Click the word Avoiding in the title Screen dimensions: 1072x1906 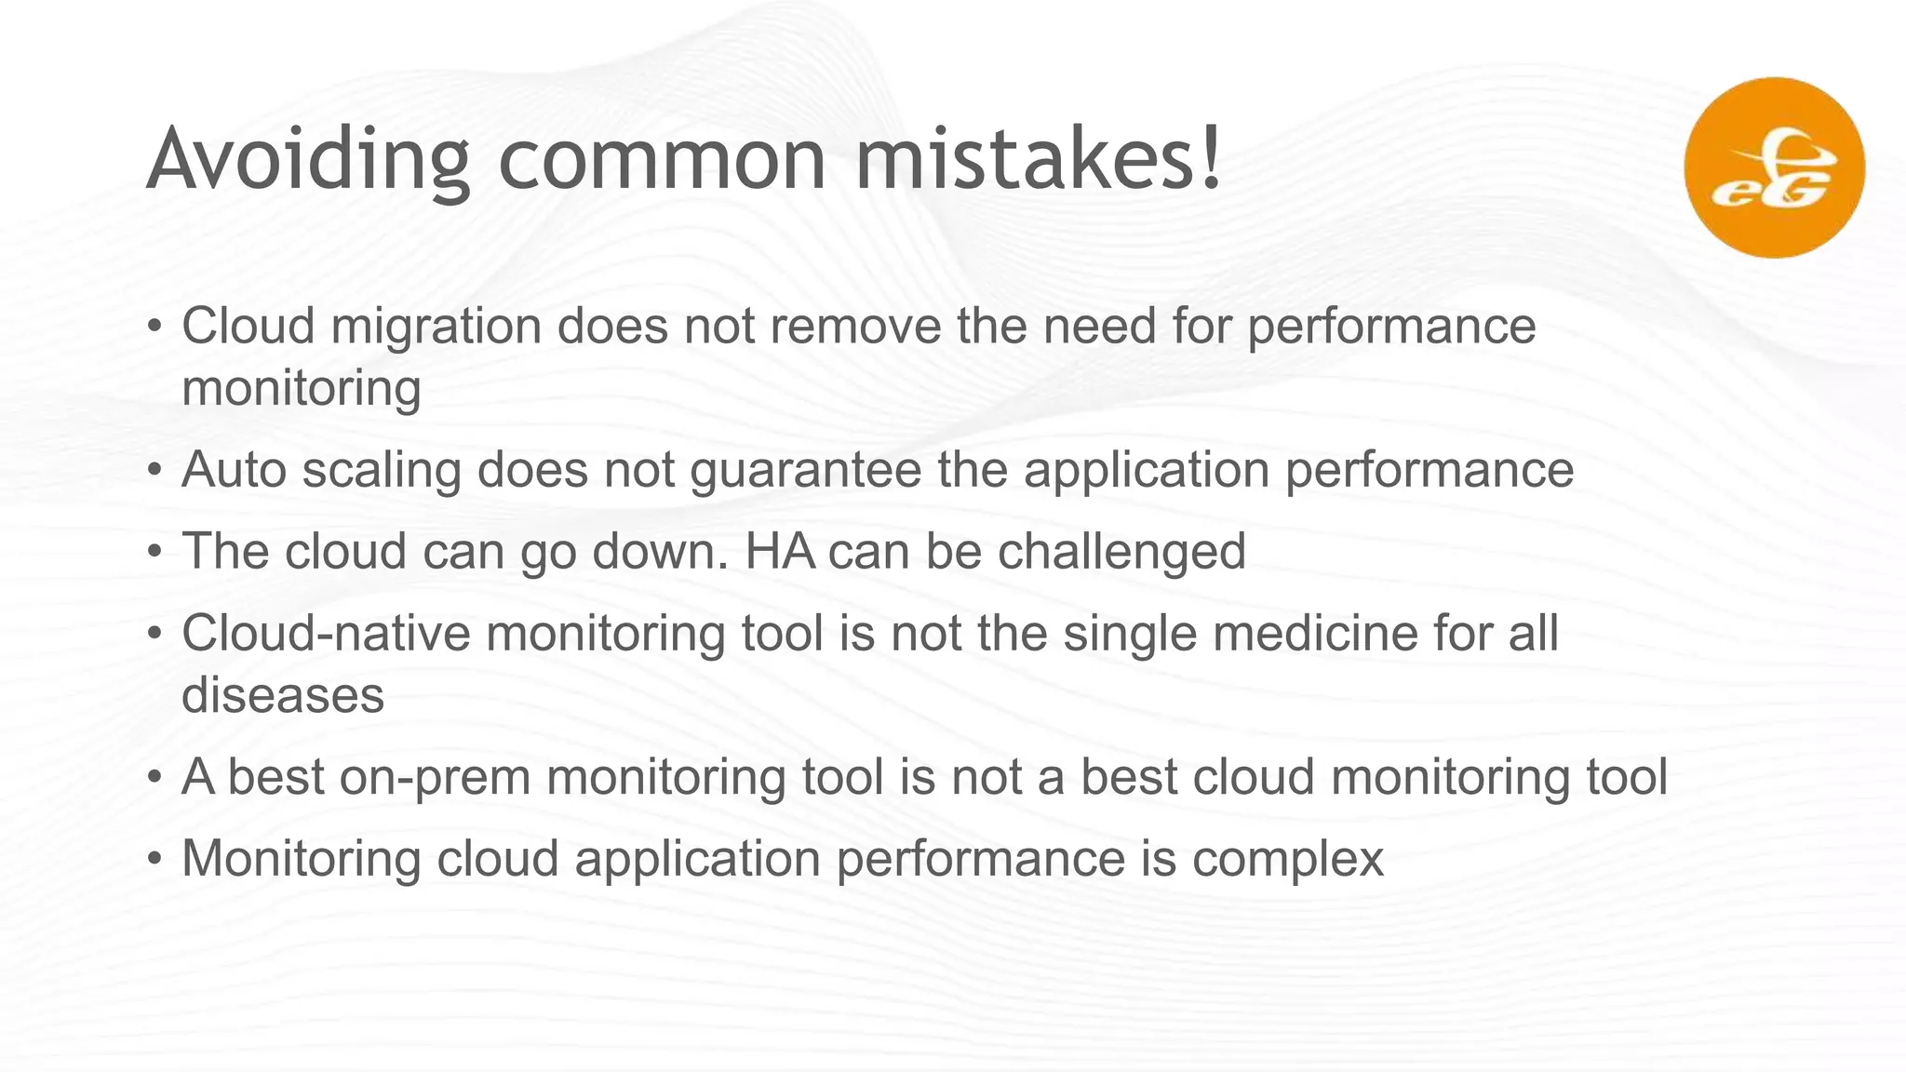307,160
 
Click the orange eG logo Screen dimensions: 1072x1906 1774,167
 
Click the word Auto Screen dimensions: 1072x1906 234,469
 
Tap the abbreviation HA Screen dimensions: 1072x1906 779,551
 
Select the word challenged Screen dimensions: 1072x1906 1121,551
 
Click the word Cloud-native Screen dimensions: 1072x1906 327,633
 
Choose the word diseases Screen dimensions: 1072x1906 283,695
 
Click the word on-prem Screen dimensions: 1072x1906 435,777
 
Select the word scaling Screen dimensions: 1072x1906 382,470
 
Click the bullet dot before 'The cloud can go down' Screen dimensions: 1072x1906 155,553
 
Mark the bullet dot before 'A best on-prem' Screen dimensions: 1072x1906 155,778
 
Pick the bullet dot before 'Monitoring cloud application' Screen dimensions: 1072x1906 155,859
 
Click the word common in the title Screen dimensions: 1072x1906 662,160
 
